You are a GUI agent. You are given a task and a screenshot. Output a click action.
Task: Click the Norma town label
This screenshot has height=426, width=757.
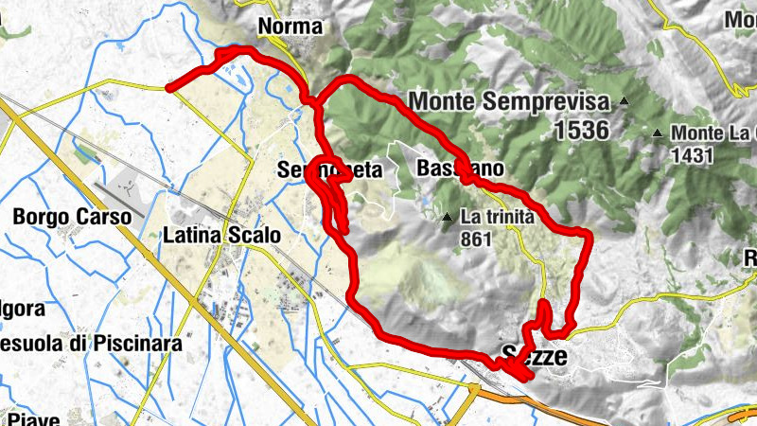290,27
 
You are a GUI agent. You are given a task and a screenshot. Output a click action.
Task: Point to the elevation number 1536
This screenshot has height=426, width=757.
576,130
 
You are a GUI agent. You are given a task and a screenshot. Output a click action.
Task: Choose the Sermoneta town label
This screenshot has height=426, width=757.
329,170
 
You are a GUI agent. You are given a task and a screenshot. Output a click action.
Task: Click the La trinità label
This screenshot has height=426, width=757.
498,217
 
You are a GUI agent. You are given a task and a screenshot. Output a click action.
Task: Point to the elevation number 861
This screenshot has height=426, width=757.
477,240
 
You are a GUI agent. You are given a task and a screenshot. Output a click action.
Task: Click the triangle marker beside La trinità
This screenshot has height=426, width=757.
448,218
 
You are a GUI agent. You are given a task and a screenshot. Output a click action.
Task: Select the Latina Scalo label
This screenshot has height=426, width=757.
222,234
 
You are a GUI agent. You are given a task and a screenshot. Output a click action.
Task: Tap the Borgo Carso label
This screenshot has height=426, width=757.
71,217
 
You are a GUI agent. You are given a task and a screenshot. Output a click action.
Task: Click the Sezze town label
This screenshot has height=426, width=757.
533,357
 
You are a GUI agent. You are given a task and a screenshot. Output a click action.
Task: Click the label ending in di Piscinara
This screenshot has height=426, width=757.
90,344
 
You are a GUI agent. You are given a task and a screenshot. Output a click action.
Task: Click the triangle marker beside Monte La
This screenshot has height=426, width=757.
658,133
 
